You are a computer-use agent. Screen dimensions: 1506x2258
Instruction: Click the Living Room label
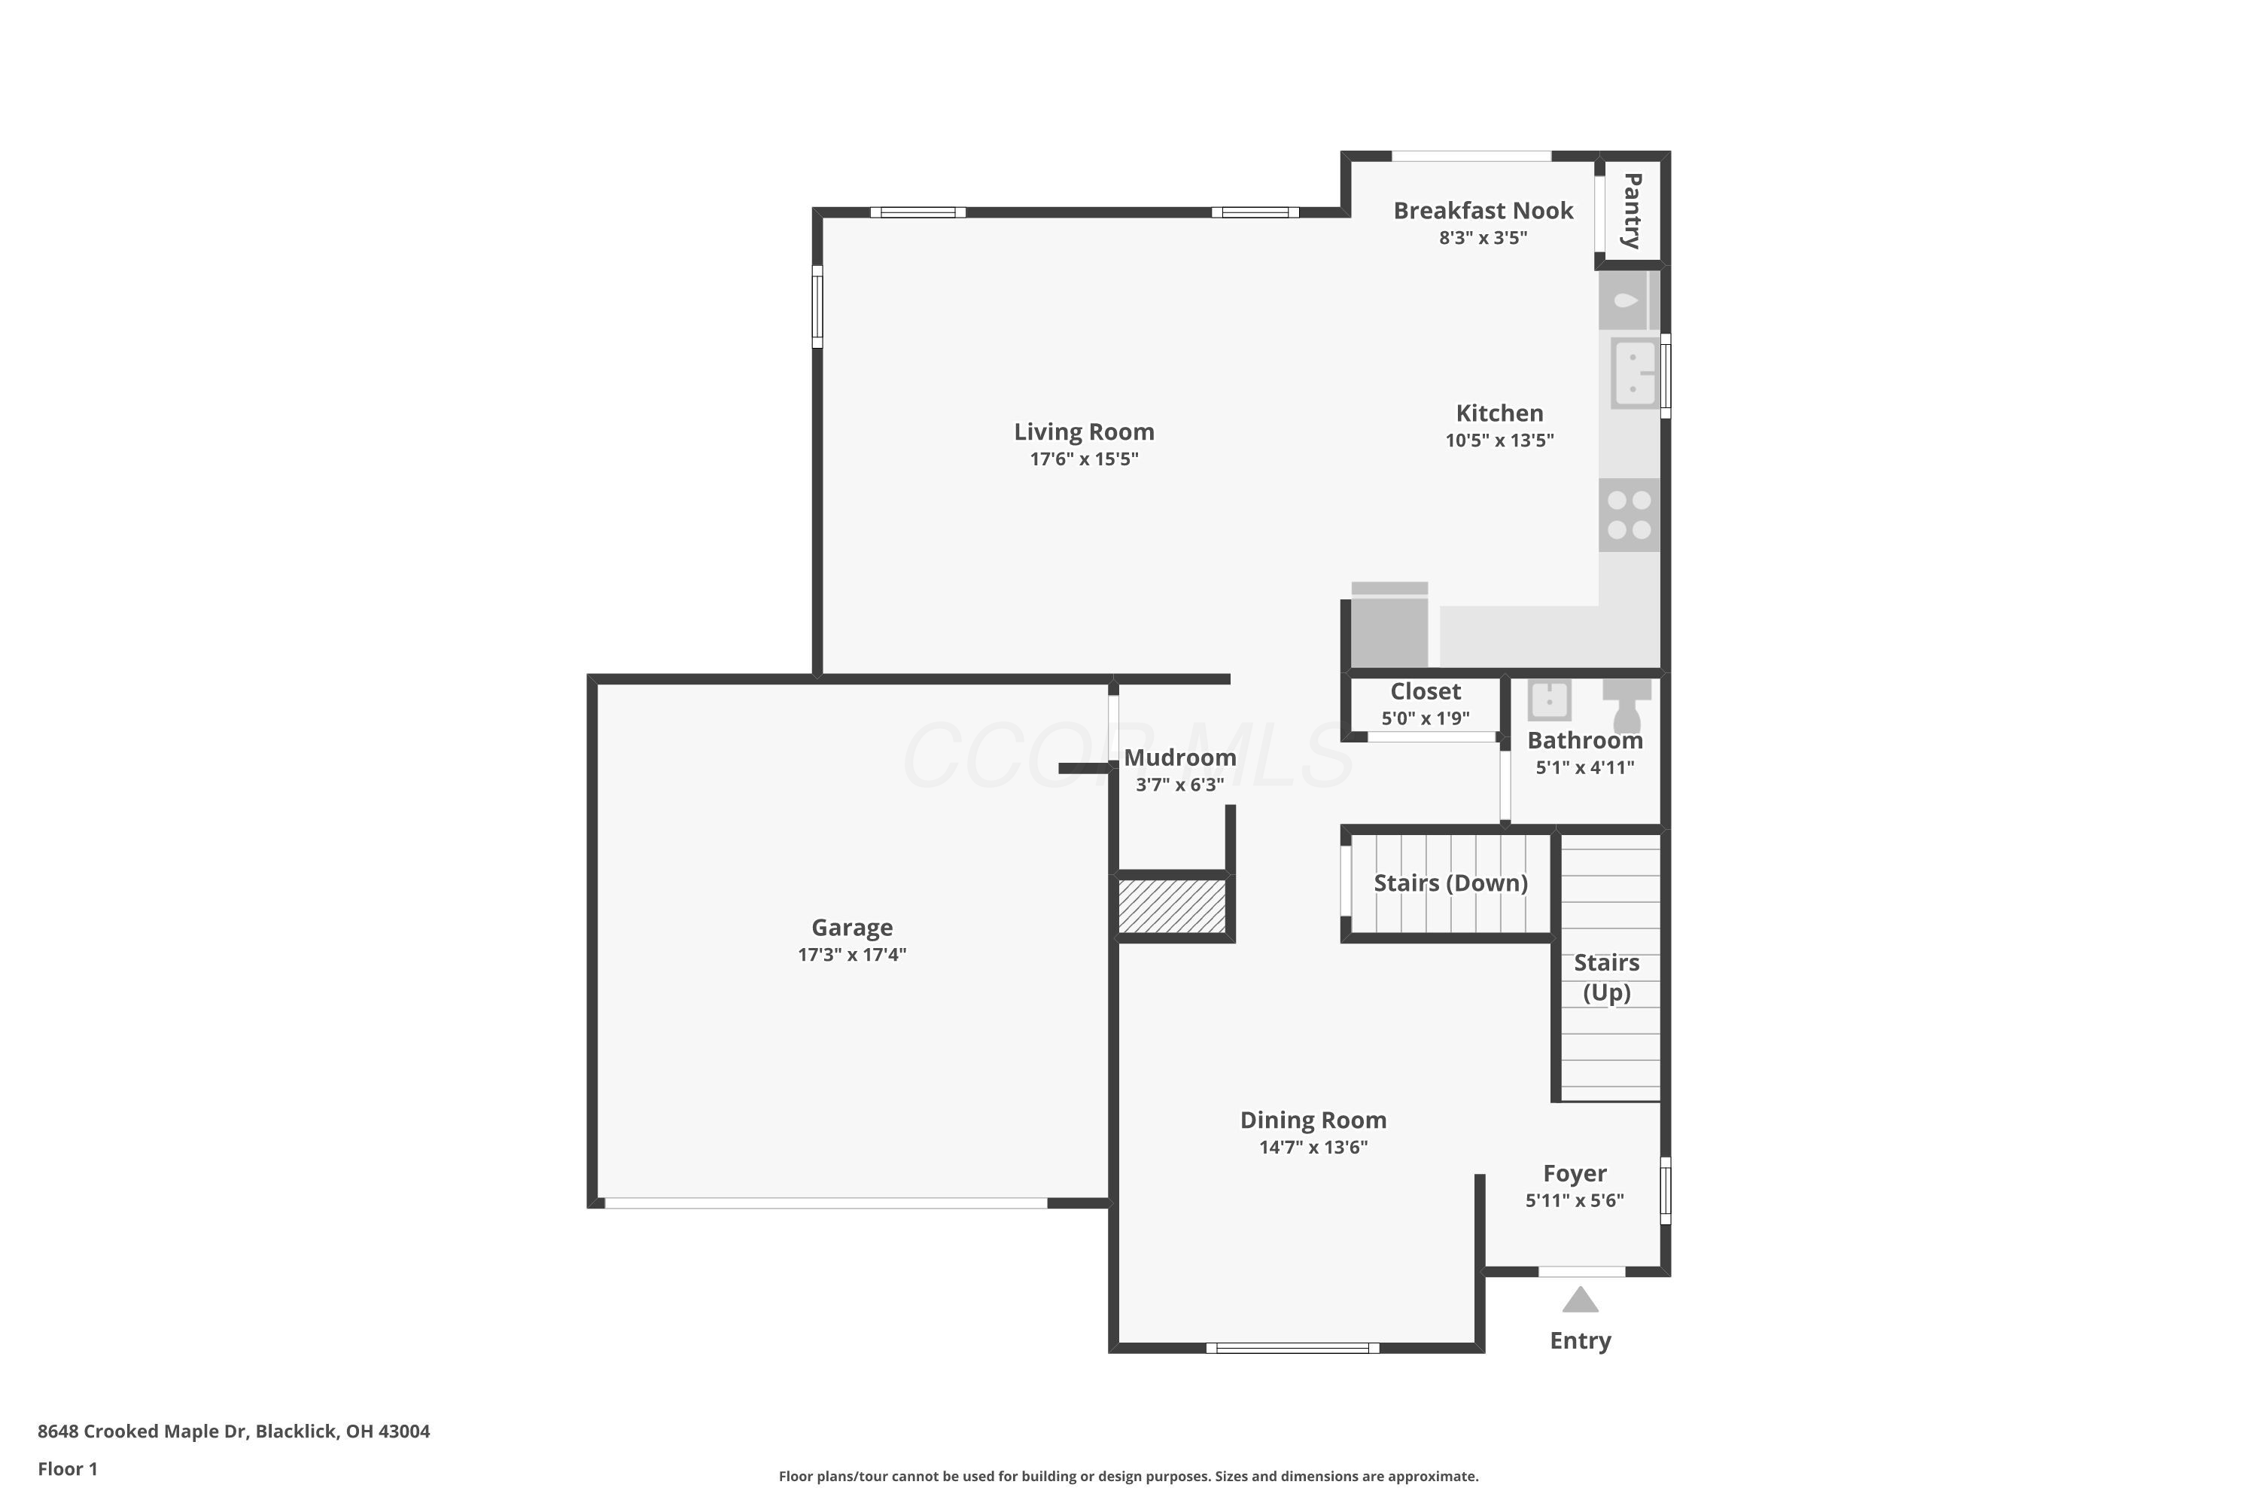[x=1084, y=432]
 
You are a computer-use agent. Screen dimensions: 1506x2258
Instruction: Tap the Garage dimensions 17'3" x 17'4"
[x=851, y=955]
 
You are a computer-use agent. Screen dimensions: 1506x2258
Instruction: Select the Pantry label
[x=1631, y=210]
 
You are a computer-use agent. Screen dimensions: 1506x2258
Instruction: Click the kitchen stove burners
[x=1630, y=515]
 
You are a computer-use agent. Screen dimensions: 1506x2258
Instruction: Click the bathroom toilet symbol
[x=1627, y=703]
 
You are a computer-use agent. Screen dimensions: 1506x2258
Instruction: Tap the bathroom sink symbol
[x=1548, y=700]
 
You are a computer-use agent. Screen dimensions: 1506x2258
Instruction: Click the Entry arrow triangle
[x=1579, y=1300]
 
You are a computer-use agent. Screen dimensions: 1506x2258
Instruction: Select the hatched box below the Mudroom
[x=1172, y=906]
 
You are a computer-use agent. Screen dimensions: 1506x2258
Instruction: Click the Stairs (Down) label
[x=1450, y=883]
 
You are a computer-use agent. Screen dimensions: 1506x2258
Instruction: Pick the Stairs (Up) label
[x=1606, y=977]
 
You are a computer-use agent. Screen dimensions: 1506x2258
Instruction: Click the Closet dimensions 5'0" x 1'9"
[x=1425, y=718]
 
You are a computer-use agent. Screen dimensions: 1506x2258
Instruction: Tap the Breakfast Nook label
[x=1482, y=210]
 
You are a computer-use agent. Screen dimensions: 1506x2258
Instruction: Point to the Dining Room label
[x=1313, y=1120]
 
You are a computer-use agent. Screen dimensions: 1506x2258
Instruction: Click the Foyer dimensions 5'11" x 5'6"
[x=1575, y=1200]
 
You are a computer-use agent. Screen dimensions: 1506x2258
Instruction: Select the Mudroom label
[x=1179, y=758]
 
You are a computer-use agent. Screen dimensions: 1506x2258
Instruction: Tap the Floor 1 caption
[x=67, y=1468]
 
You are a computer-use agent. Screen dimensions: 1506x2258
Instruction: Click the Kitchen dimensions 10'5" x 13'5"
[x=1499, y=441]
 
